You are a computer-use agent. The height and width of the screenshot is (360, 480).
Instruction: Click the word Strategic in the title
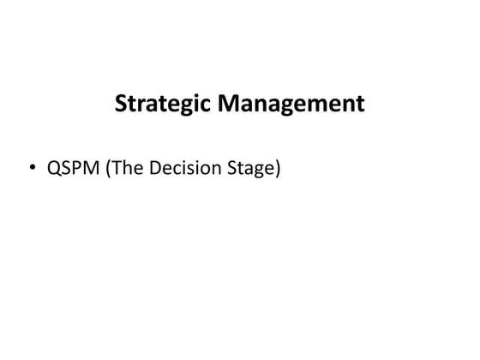tap(163, 105)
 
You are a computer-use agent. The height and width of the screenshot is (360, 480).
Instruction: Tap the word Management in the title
tap(291, 105)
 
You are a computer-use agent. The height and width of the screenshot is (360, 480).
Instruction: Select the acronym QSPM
tap(73, 169)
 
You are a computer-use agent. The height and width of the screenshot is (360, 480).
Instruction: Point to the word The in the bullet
tap(129, 169)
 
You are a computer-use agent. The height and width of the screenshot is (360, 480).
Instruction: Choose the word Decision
tap(183, 169)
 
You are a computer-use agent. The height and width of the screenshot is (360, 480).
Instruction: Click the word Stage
tap(249, 170)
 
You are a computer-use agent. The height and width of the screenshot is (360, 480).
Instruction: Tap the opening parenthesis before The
tap(109, 170)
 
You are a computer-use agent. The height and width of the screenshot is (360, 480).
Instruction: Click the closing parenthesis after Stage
tap(277, 170)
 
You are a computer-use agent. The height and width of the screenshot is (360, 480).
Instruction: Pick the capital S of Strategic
tap(121, 105)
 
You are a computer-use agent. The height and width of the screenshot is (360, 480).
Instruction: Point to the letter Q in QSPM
tap(55, 169)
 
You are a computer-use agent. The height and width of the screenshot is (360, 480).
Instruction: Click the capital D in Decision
tap(155, 169)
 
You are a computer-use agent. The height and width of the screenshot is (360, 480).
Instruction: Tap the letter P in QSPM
tap(77, 169)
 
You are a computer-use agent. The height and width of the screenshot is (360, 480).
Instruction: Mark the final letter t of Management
tap(361, 105)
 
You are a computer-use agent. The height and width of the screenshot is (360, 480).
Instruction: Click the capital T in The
tap(117, 169)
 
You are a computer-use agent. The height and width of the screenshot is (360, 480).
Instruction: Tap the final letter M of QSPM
tap(92, 169)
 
